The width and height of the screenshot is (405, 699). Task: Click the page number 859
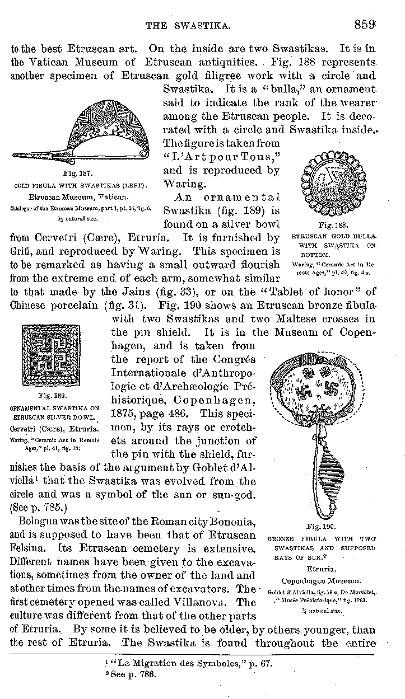click(365, 25)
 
